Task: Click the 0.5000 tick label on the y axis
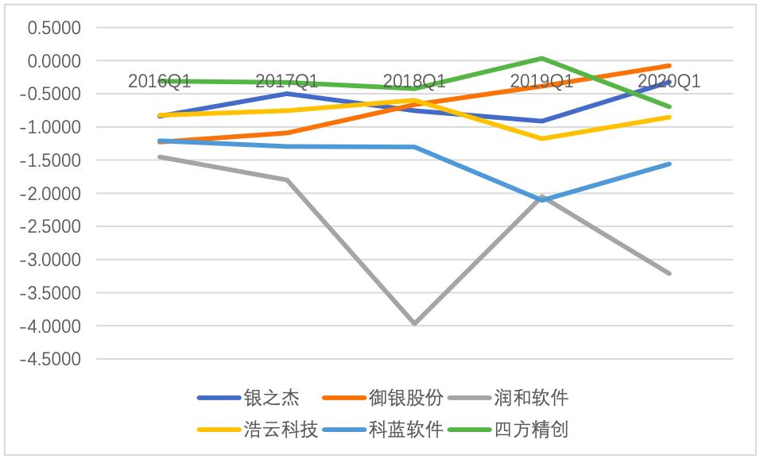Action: tap(55, 28)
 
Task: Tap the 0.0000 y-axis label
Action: tap(55, 61)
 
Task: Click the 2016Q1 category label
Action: tap(159, 81)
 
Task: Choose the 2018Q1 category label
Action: tap(414, 81)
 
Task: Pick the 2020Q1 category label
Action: tap(669, 81)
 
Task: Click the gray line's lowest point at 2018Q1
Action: tap(414, 324)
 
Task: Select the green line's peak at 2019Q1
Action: tap(541, 58)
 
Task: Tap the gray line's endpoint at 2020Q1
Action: tap(669, 273)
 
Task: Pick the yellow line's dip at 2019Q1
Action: tap(541, 139)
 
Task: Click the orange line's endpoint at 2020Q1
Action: tap(669, 66)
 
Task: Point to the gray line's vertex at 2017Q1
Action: tap(286, 179)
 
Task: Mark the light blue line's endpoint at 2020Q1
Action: tap(669, 164)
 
